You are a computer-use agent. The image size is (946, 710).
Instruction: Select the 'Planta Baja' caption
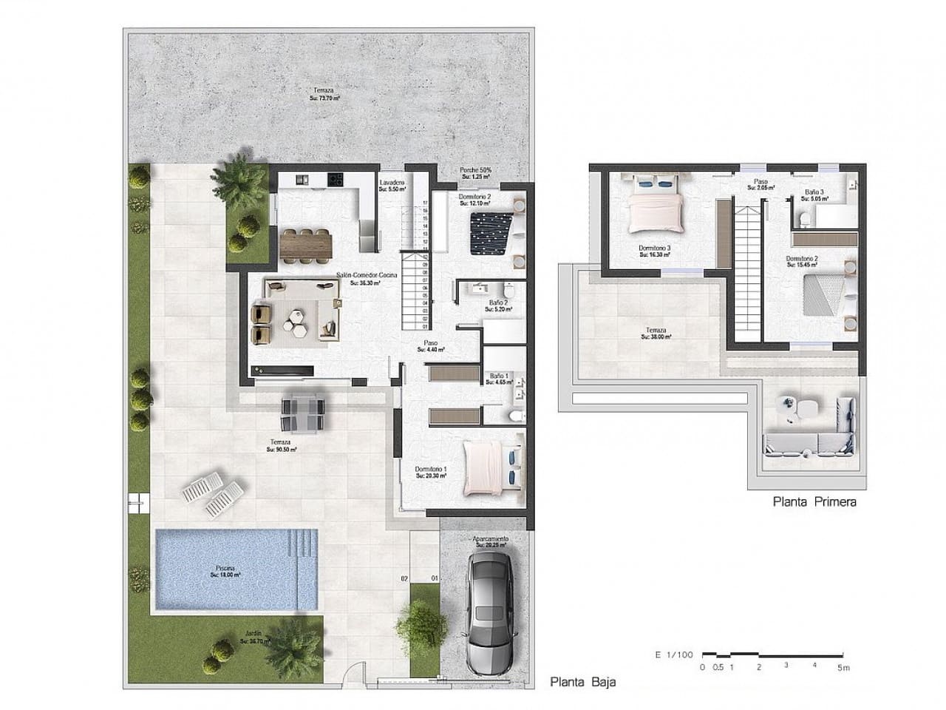582,682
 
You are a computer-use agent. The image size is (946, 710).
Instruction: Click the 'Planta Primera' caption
814,501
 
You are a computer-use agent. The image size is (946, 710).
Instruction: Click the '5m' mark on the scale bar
843,667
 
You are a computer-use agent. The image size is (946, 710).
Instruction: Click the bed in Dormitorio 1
491,467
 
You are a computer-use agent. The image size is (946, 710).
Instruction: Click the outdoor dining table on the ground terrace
302,413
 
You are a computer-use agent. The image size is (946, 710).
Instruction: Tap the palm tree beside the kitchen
236,177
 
